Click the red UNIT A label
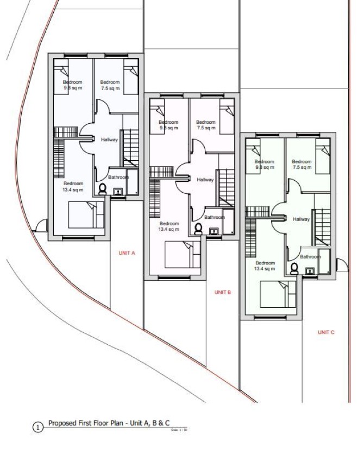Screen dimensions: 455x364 pyautogui.click(x=127, y=253)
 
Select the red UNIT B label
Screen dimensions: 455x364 pyautogui.click(x=223, y=292)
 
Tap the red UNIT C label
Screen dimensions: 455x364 pyautogui.click(x=326, y=332)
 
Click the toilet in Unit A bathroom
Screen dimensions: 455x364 pyautogui.click(x=102, y=188)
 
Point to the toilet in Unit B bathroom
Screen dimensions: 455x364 pyautogui.click(x=198, y=229)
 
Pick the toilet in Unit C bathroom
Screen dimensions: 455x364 pyautogui.click(x=294, y=268)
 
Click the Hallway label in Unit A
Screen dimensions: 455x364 pyautogui.click(x=109, y=140)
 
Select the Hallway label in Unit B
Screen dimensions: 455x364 pyautogui.click(x=205, y=180)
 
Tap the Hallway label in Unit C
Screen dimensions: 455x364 pyautogui.click(x=301, y=219)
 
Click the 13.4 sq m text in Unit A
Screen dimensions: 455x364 pyautogui.click(x=73, y=189)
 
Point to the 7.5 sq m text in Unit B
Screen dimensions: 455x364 pyautogui.click(x=206, y=129)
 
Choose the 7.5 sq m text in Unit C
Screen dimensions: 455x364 pyautogui.click(x=302, y=168)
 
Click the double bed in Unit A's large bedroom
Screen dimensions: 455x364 pyautogui.click(x=86, y=214)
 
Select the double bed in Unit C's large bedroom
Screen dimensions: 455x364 pyautogui.click(x=278, y=294)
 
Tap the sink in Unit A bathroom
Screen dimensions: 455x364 pyautogui.click(x=117, y=191)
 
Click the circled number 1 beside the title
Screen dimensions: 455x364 pyautogui.click(x=38, y=428)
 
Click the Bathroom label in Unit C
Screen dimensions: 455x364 pyautogui.click(x=311, y=257)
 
